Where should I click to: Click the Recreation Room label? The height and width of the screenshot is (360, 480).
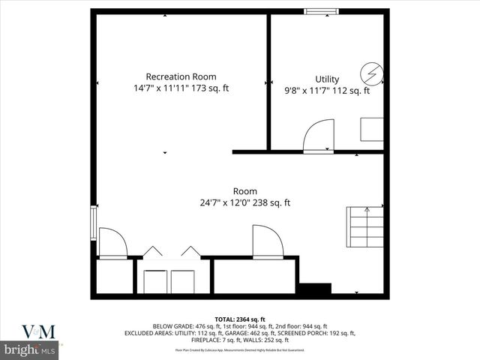181,76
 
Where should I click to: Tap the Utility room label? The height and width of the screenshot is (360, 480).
327,79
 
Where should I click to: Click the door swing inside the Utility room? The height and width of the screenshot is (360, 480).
318,136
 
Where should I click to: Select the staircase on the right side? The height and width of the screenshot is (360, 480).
364,229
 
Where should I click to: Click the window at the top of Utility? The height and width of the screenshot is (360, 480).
320,10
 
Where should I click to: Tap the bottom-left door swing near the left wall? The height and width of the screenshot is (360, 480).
112,243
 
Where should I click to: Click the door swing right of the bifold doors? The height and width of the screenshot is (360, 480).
267,241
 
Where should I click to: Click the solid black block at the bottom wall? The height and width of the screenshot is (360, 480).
315,288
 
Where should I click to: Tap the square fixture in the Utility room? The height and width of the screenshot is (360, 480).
371,128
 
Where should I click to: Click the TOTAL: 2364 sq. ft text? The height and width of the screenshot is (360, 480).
240,319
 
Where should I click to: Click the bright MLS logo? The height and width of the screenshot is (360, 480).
30,350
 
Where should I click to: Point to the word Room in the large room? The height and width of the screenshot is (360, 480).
244,190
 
